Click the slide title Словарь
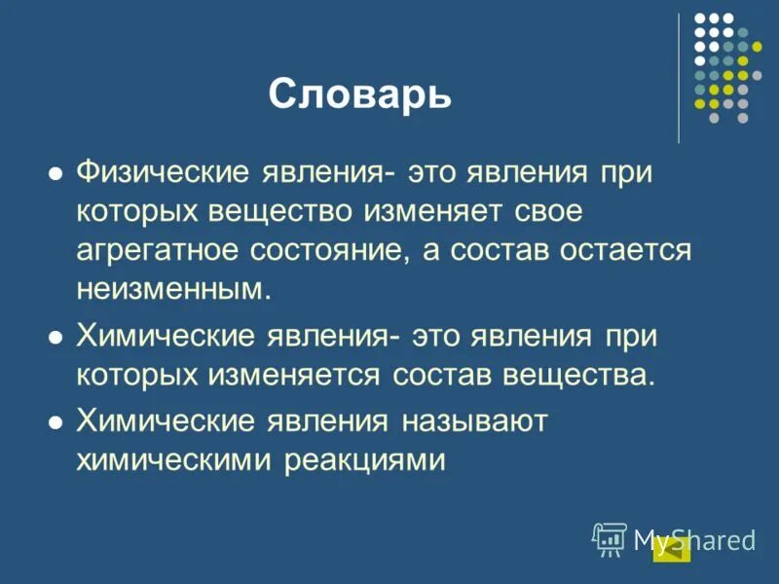point(359,94)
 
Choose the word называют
point(474,421)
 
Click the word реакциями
point(365,458)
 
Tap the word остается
point(625,250)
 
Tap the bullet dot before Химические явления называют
point(56,422)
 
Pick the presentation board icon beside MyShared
point(610,538)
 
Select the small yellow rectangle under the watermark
point(671,550)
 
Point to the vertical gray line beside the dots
point(679,78)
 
